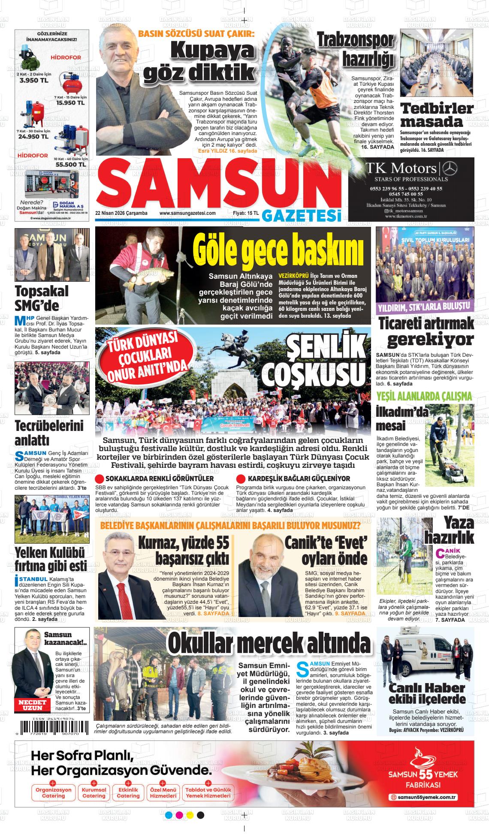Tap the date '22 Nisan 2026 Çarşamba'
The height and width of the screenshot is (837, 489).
coord(121,213)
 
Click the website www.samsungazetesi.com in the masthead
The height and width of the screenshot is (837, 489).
coord(187,213)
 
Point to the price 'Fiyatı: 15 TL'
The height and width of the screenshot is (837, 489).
coord(245,213)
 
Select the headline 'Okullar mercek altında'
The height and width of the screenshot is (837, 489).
coord(269,643)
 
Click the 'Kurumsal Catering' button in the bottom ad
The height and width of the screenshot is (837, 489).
coord(94,793)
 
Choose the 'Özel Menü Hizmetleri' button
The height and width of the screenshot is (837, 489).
coord(163,793)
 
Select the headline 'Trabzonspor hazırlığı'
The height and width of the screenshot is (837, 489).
coord(356,49)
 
